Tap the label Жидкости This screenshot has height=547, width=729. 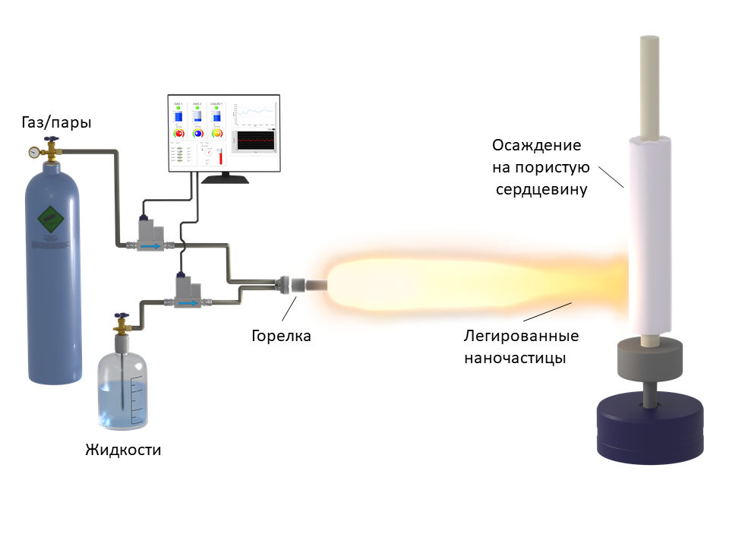(123, 449)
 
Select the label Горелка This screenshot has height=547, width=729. (281, 335)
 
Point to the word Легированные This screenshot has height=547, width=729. (521, 335)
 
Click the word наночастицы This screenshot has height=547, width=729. (514, 357)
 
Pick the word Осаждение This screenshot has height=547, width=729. (536, 145)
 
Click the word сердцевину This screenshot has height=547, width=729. (541, 189)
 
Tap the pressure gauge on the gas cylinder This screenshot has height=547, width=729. (35, 152)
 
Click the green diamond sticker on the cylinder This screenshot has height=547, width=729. (50, 220)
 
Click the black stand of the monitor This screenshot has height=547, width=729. (225, 179)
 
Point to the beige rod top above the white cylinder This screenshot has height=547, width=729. (650, 84)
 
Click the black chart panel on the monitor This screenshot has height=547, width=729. (254, 141)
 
